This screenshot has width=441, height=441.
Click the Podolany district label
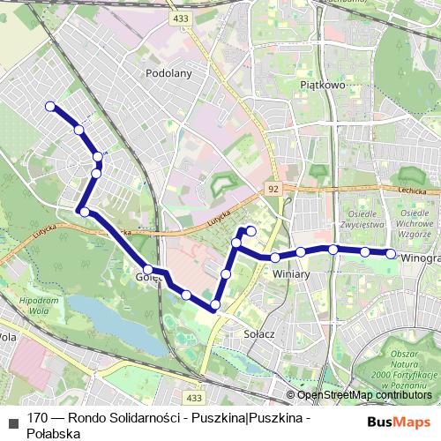pos(168,74)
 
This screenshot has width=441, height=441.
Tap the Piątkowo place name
pos(321,86)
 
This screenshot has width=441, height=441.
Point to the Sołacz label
pos(260,334)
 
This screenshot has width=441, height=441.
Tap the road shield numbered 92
pos(273,189)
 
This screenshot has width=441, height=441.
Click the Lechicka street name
pos(412,189)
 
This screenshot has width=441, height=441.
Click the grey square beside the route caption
pos(12,419)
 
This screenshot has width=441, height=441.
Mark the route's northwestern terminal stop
pos(50,107)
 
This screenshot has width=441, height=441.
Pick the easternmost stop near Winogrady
pos(391,254)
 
